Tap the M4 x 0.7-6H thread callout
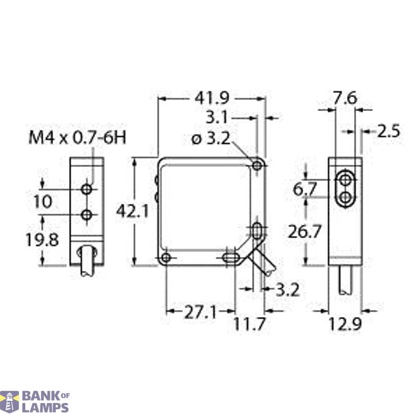[x=77, y=138]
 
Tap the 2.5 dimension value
[x=390, y=130]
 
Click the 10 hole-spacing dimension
[x=43, y=201]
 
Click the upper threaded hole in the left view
[x=87, y=189]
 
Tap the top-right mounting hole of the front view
[x=258, y=166]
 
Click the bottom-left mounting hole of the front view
[x=166, y=258]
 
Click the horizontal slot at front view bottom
[x=228, y=258]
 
